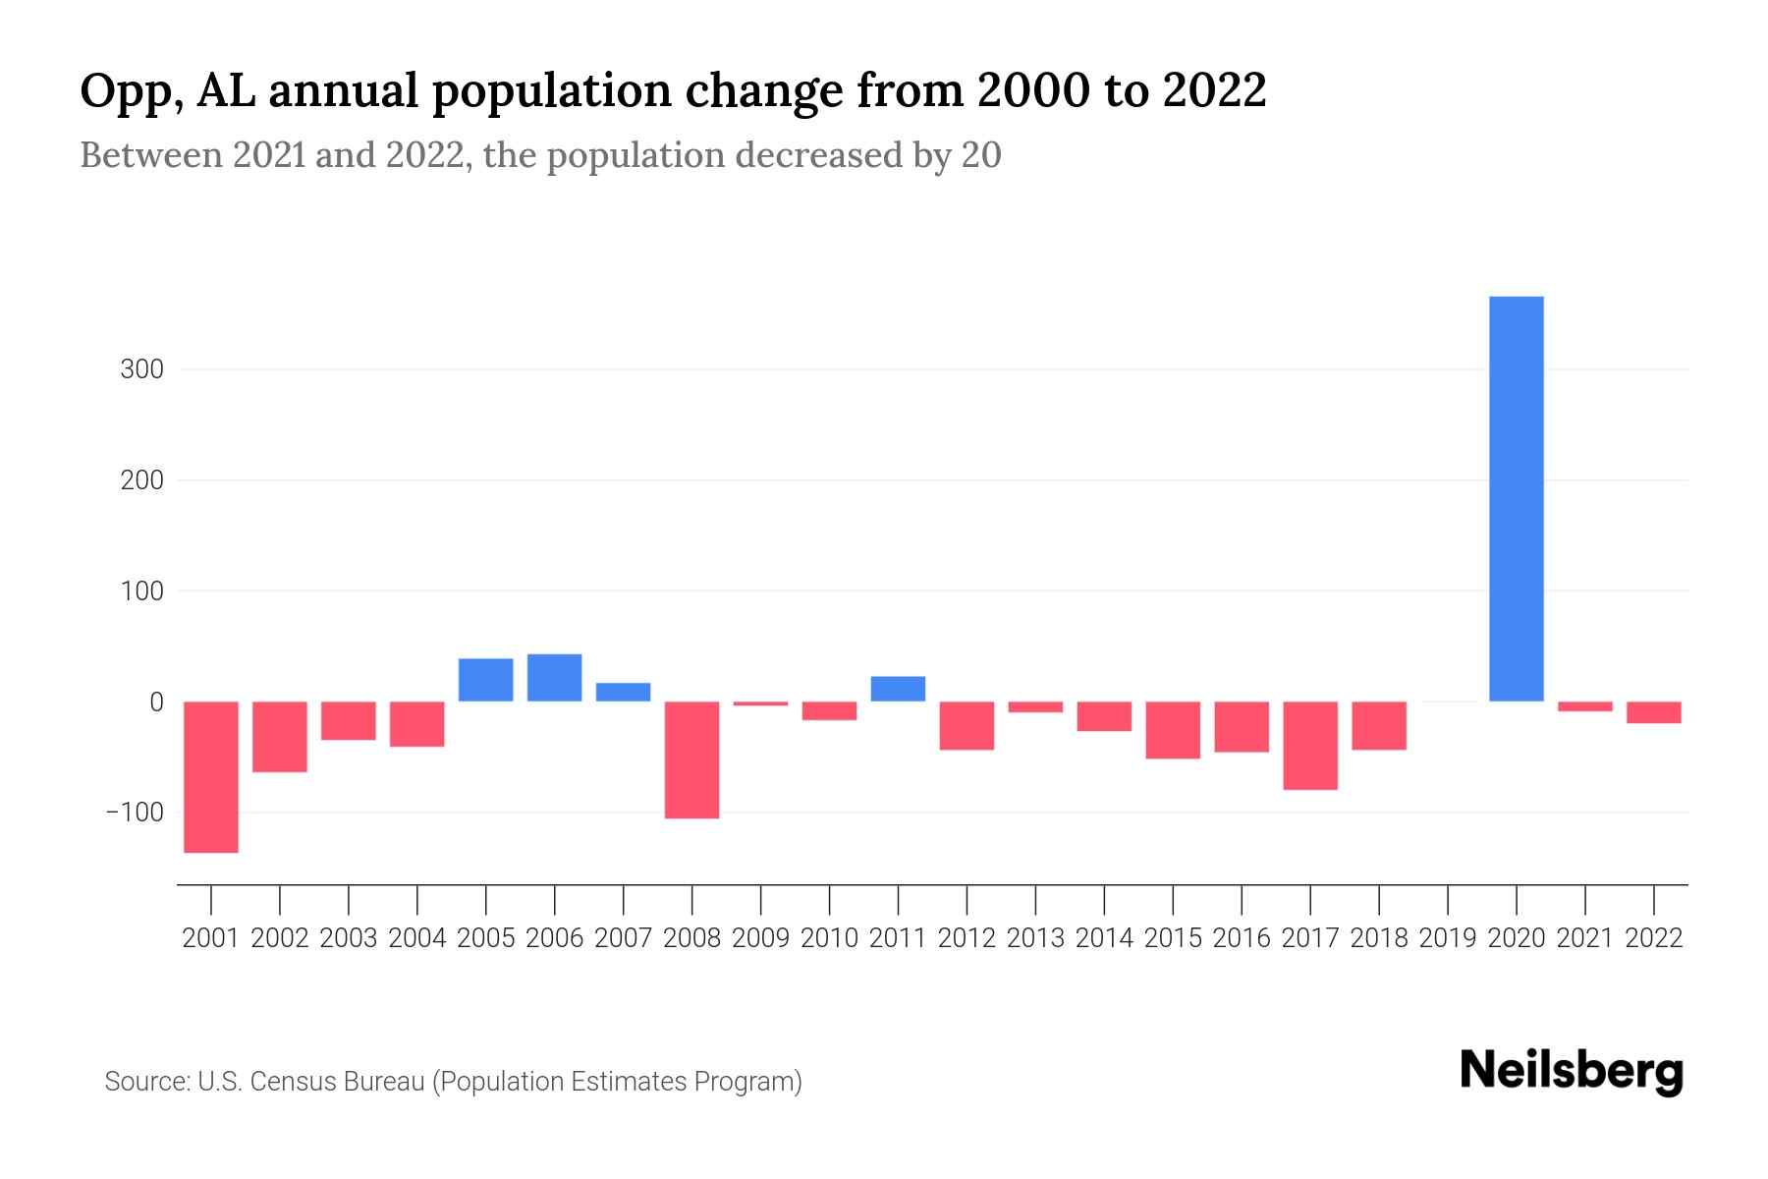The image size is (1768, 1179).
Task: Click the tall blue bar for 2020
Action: [1516, 499]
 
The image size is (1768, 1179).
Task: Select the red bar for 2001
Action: [211, 776]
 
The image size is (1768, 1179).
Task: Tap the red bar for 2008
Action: [691, 759]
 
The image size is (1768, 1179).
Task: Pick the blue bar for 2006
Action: [554, 678]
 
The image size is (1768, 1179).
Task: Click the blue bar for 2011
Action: [898, 689]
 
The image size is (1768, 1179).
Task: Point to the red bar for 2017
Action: [1310, 745]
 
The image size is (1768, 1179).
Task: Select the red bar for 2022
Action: [1653, 712]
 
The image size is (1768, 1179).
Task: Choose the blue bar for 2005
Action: [485, 680]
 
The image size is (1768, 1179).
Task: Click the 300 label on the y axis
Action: [142, 370]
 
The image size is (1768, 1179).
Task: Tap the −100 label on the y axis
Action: [135, 814]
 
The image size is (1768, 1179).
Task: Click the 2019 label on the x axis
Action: [1448, 938]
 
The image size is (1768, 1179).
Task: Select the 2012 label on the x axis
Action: [967, 938]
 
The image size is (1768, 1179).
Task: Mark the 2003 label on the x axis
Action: [349, 938]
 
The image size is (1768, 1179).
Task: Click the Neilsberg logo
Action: [1572, 1072]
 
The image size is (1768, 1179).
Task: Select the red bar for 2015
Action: [1173, 730]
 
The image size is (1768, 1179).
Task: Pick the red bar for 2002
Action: [280, 737]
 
